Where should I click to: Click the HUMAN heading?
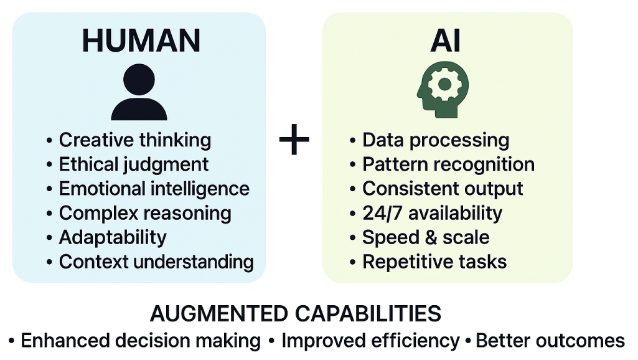141,40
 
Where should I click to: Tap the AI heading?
446,40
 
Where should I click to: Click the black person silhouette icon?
139,92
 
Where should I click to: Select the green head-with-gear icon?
443,90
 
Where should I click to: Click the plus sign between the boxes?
294,140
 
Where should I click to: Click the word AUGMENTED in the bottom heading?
219,314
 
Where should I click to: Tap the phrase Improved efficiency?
370,341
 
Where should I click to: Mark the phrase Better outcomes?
550,341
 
